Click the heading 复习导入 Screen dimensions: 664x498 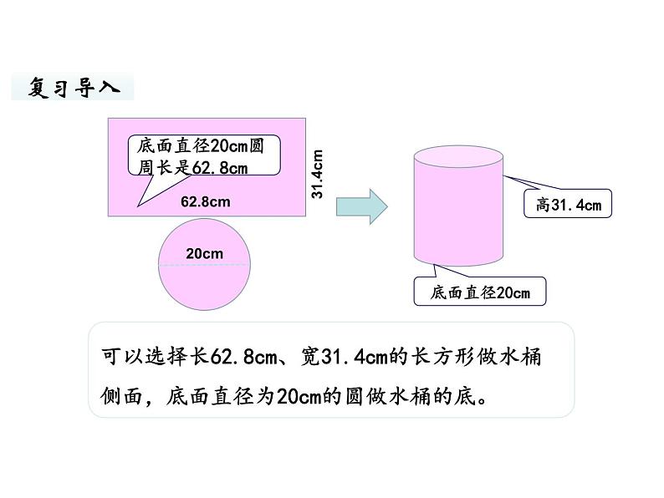point(72,86)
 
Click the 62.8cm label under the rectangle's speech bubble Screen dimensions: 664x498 point(205,201)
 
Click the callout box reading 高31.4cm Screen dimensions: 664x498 point(568,203)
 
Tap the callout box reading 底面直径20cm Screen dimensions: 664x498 point(480,292)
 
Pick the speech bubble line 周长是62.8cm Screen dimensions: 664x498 point(193,166)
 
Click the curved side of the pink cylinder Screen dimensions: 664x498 point(458,217)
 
